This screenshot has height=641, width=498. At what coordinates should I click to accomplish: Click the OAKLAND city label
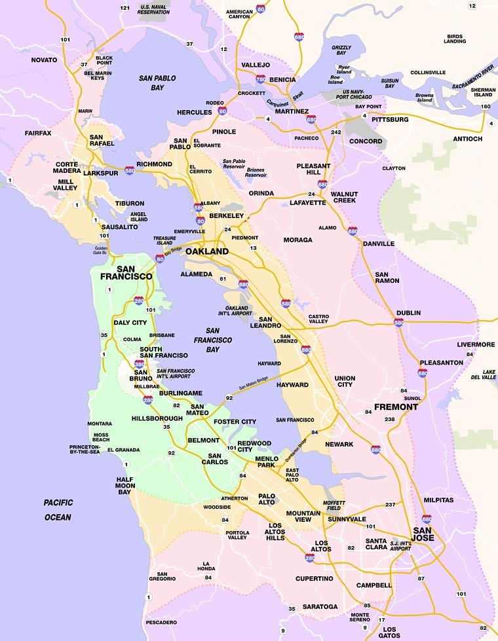pyautogui.click(x=206, y=251)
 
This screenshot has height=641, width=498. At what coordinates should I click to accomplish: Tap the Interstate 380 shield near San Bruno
pyautogui.click(x=139, y=364)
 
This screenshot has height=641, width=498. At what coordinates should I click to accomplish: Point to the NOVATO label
pyautogui.click(x=45, y=60)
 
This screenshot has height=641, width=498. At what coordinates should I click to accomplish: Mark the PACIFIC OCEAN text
pyautogui.click(x=58, y=509)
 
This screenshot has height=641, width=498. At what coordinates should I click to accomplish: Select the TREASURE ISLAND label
pyautogui.click(x=164, y=240)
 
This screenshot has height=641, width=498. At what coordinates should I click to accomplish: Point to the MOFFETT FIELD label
pyautogui.click(x=334, y=505)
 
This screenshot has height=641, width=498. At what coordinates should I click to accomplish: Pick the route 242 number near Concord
pyautogui.click(x=336, y=132)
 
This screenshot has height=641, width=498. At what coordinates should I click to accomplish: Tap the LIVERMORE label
pyautogui.click(x=476, y=344)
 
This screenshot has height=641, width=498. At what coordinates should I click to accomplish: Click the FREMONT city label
pyautogui.click(x=396, y=407)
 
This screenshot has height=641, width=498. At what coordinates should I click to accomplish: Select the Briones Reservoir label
pyautogui.click(x=255, y=172)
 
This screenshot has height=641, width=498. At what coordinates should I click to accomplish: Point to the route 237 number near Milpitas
pyautogui.click(x=390, y=504)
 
